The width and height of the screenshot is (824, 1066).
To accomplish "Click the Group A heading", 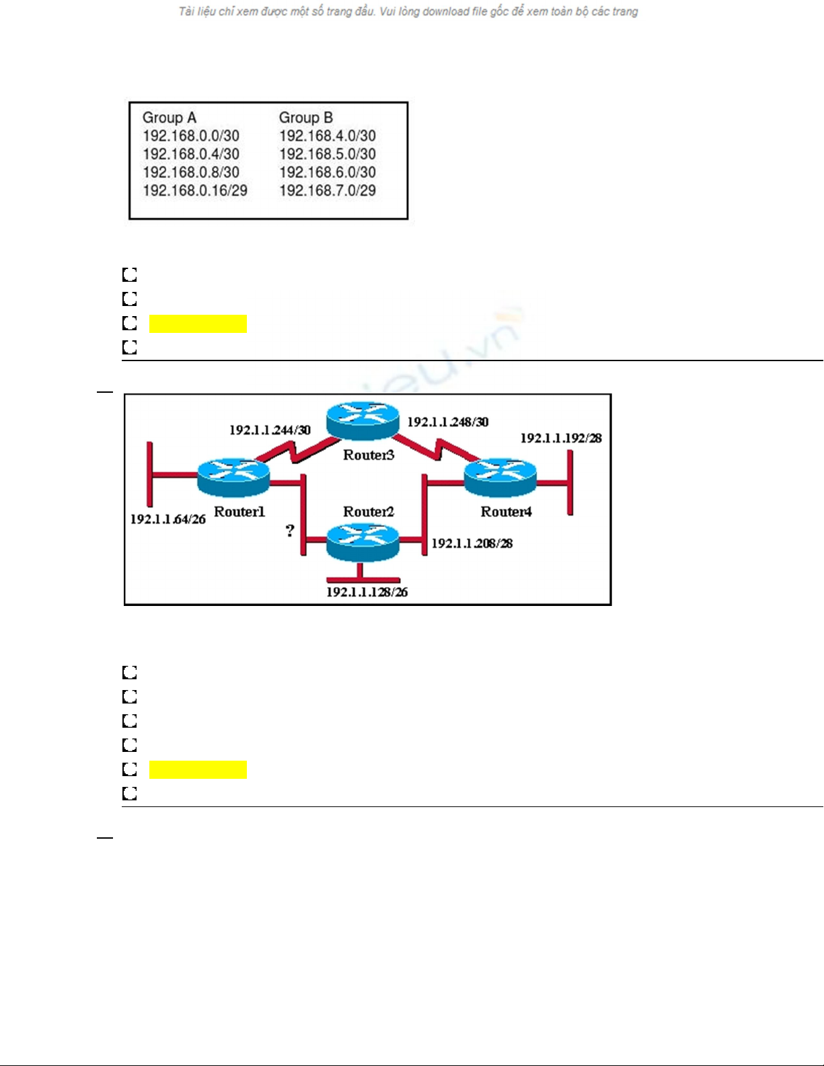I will (170, 118).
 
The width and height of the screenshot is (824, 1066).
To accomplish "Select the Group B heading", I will (306, 118).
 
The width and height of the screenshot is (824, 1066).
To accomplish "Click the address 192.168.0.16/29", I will (195, 191).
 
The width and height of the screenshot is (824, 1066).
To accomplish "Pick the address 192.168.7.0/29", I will (328, 191).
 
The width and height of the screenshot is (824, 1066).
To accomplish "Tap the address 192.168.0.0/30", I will (191, 136).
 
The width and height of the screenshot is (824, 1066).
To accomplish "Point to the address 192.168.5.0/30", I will (328, 154).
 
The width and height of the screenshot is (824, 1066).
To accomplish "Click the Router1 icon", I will (233, 475).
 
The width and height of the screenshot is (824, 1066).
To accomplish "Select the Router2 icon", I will (363, 541).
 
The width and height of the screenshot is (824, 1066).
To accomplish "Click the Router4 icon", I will (500, 476).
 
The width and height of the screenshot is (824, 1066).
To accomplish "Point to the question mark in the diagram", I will (290, 531).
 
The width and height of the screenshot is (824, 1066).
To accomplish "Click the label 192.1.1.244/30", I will (270, 430).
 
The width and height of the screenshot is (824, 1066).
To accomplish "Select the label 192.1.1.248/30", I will (448, 422).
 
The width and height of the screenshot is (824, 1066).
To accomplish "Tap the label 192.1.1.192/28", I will (561, 439).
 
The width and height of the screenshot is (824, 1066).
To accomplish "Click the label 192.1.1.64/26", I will (167, 519).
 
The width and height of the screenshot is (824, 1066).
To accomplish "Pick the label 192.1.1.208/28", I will (472, 543).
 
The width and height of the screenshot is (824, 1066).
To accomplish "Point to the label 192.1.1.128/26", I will (367, 593).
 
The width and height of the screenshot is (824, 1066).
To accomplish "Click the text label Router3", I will (369, 455).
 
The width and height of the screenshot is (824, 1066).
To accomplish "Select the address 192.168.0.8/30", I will (191, 172).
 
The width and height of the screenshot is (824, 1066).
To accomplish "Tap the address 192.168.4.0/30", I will (328, 136).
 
